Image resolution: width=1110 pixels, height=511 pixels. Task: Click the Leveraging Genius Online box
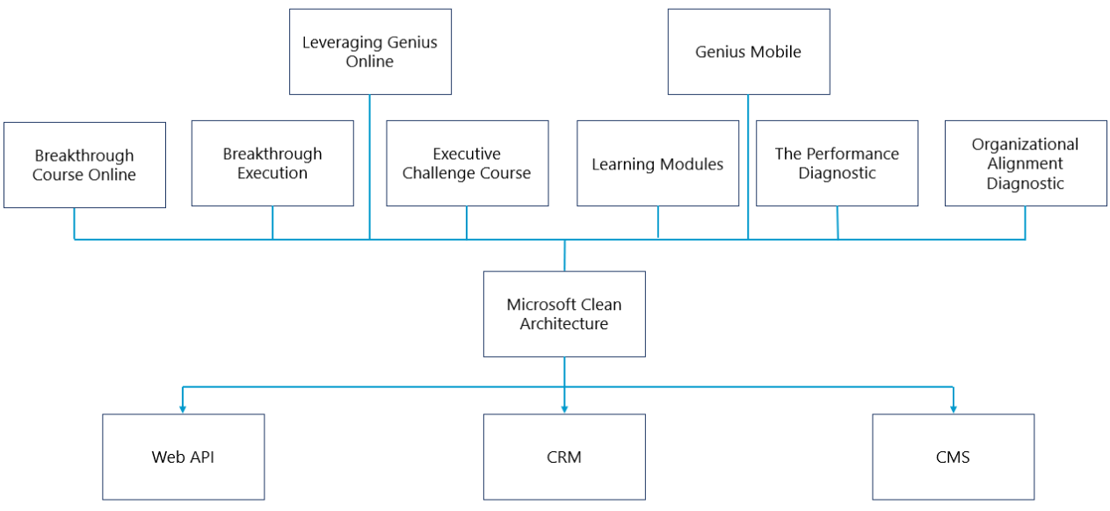(x=370, y=52)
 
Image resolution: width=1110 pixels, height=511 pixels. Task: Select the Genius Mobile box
(x=749, y=52)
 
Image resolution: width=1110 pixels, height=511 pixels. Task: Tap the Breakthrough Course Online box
(x=84, y=165)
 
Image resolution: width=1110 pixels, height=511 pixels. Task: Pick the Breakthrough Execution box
(x=272, y=163)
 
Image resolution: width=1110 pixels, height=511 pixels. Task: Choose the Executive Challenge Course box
(x=467, y=163)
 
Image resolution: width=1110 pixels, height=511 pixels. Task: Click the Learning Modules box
(x=657, y=163)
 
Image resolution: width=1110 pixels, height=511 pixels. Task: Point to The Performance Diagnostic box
(x=837, y=163)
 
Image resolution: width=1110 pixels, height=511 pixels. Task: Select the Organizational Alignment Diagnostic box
(x=1025, y=163)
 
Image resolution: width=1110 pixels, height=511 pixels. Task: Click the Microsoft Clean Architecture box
(x=564, y=314)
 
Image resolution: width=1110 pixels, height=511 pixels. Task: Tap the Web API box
(x=183, y=457)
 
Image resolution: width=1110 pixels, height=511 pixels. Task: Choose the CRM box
(x=564, y=457)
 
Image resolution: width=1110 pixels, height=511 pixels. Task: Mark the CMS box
(x=953, y=457)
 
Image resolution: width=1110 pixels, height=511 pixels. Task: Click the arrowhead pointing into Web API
(x=183, y=408)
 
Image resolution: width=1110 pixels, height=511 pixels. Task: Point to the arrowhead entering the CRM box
(x=564, y=408)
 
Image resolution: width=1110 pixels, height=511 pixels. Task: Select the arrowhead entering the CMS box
(x=953, y=408)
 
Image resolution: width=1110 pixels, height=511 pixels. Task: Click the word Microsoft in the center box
(x=538, y=305)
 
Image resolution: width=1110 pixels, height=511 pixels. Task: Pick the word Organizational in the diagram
(x=1025, y=144)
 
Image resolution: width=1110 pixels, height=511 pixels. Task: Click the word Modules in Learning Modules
(x=694, y=164)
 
